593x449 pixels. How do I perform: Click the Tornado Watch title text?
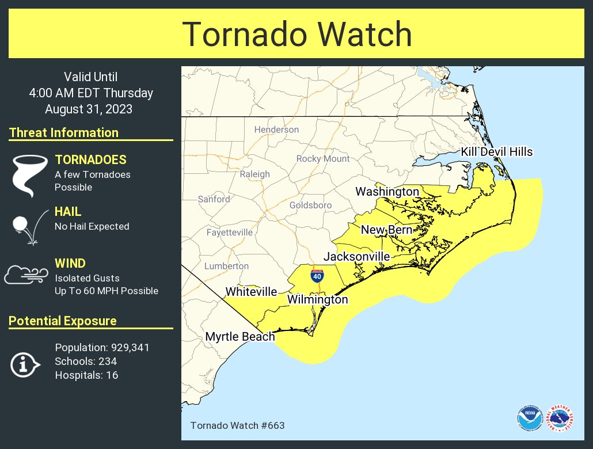tap(296, 35)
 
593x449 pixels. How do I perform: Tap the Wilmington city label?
tap(317, 300)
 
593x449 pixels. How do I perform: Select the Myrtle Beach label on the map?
tap(240, 337)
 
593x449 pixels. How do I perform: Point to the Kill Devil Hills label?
tap(496, 152)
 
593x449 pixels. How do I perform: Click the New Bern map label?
tap(386, 230)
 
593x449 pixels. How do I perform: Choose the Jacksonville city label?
tap(356, 257)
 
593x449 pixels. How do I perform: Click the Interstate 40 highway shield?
tap(317, 276)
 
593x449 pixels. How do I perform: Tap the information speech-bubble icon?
tap(25, 364)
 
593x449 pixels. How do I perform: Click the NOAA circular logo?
tap(529, 418)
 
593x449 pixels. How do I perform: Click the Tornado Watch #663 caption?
tap(237, 425)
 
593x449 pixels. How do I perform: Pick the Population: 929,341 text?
tap(102, 348)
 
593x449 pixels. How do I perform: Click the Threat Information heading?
tap(64, 132)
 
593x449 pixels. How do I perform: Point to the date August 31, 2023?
tap(89, 109)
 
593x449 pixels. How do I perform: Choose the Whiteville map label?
tap(251, 292)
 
